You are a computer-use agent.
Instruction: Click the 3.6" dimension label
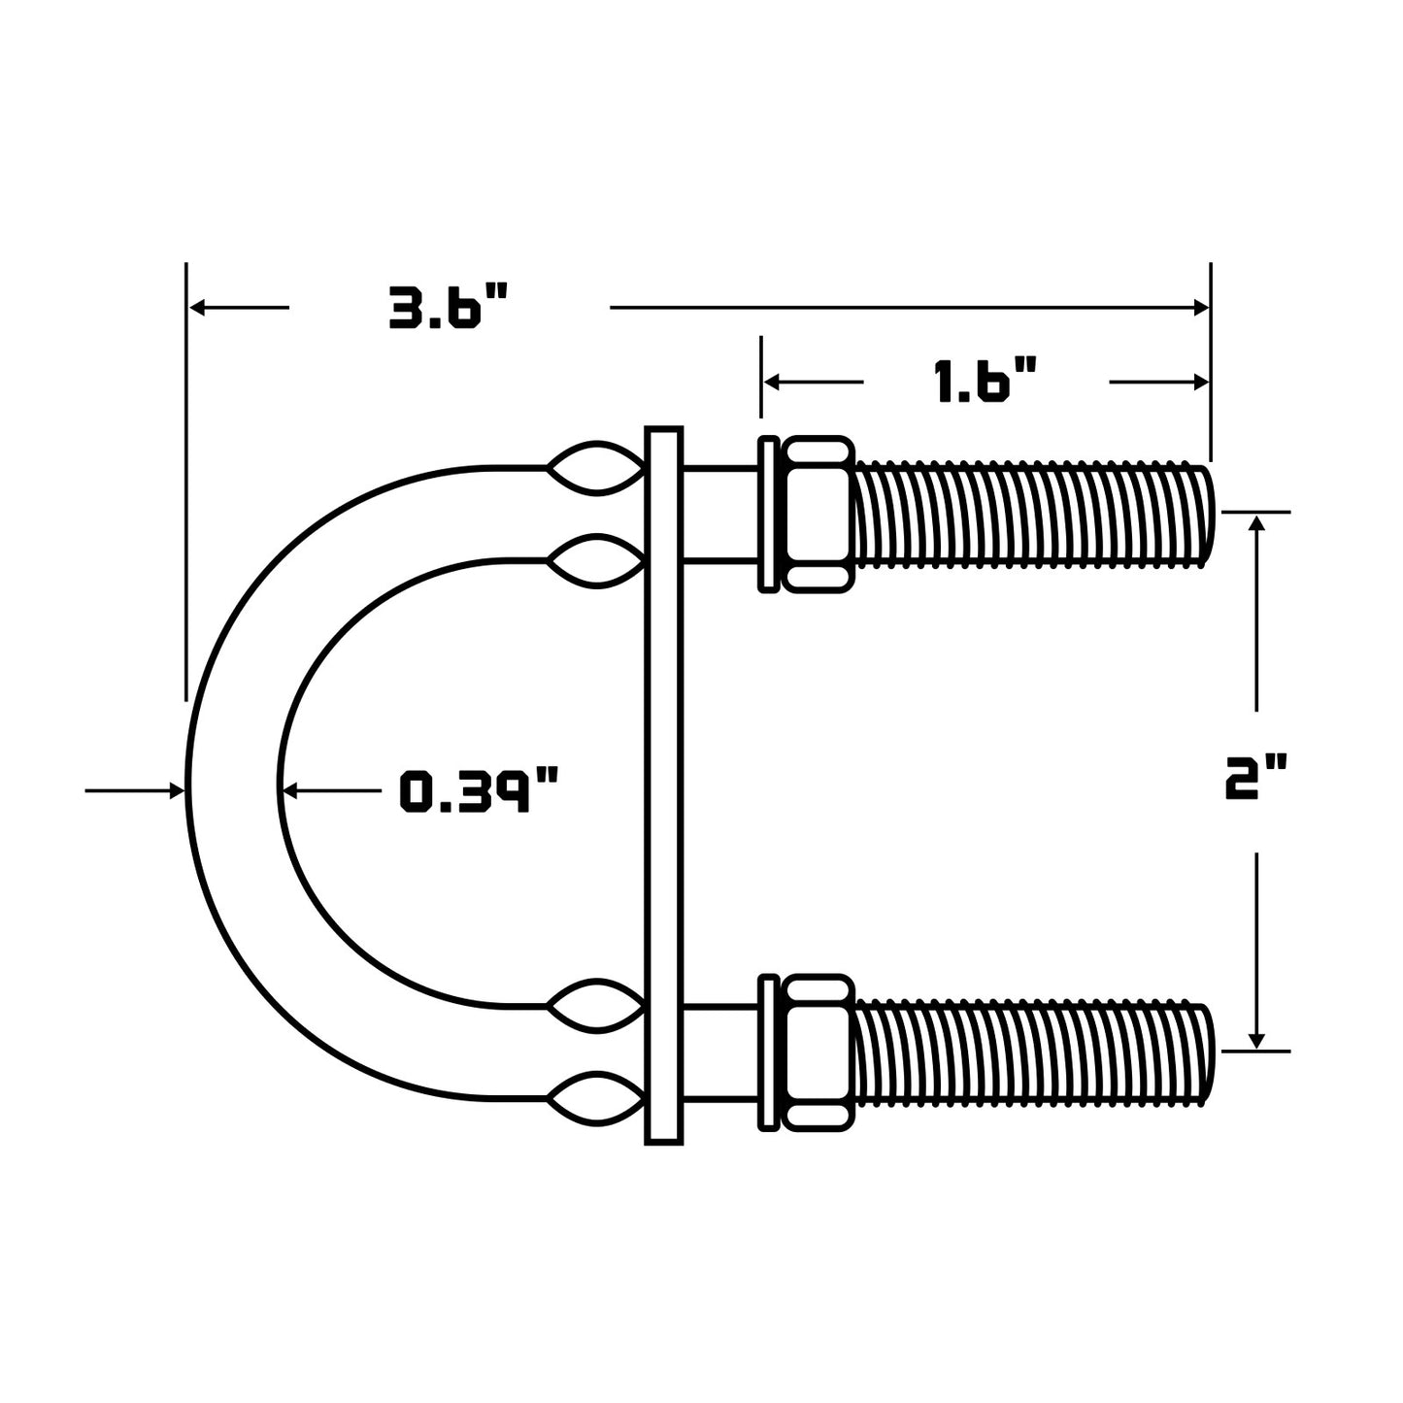449,308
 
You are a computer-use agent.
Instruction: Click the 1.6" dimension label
986,382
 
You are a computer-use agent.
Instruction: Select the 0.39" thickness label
480,790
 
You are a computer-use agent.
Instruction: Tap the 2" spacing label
1255,781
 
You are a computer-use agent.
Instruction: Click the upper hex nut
818,515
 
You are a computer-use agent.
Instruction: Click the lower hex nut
818,1052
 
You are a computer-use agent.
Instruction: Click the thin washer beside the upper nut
768,515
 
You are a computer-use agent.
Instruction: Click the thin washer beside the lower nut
768,1052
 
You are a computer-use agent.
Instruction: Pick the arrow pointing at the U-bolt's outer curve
175,791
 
